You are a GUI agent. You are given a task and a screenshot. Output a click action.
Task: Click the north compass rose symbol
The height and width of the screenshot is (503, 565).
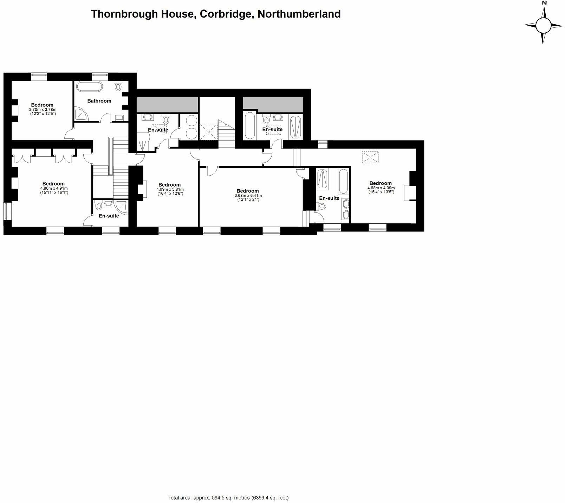[x=543, y=25]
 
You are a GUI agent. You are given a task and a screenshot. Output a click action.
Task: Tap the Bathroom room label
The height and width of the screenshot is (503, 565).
[x=99, y=101]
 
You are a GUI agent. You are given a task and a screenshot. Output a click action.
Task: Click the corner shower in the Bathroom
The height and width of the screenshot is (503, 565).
[x=80, y=114]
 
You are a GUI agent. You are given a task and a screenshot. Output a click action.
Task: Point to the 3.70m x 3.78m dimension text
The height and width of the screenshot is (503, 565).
[x=42, y=110]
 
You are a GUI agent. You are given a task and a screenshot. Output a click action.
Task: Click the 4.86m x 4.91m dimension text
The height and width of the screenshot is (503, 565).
[x=54, y=188]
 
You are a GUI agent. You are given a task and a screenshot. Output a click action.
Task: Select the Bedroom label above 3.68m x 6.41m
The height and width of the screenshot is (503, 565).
[x=248, y=191]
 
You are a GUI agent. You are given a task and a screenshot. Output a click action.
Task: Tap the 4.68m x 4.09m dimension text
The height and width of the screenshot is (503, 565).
[x=381, y=188]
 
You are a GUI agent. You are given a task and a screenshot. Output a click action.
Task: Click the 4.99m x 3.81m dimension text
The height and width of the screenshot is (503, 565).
[x=170, y=189]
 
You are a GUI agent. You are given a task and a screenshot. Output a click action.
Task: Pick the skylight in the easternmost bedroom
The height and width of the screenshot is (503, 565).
[x=371, y=157]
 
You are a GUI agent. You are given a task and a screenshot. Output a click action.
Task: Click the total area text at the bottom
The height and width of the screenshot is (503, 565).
[x=228, y=488]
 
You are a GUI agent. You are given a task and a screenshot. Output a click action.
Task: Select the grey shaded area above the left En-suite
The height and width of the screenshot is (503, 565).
[x=167, y=104]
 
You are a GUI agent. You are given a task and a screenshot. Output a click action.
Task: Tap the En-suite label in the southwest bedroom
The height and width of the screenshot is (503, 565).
[x=109, y=216]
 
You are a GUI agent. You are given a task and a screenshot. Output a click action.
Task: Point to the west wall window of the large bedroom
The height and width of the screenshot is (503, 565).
[x=7, y=211]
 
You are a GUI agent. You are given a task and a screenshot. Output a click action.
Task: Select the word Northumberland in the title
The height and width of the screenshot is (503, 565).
[x=299, y=14]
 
